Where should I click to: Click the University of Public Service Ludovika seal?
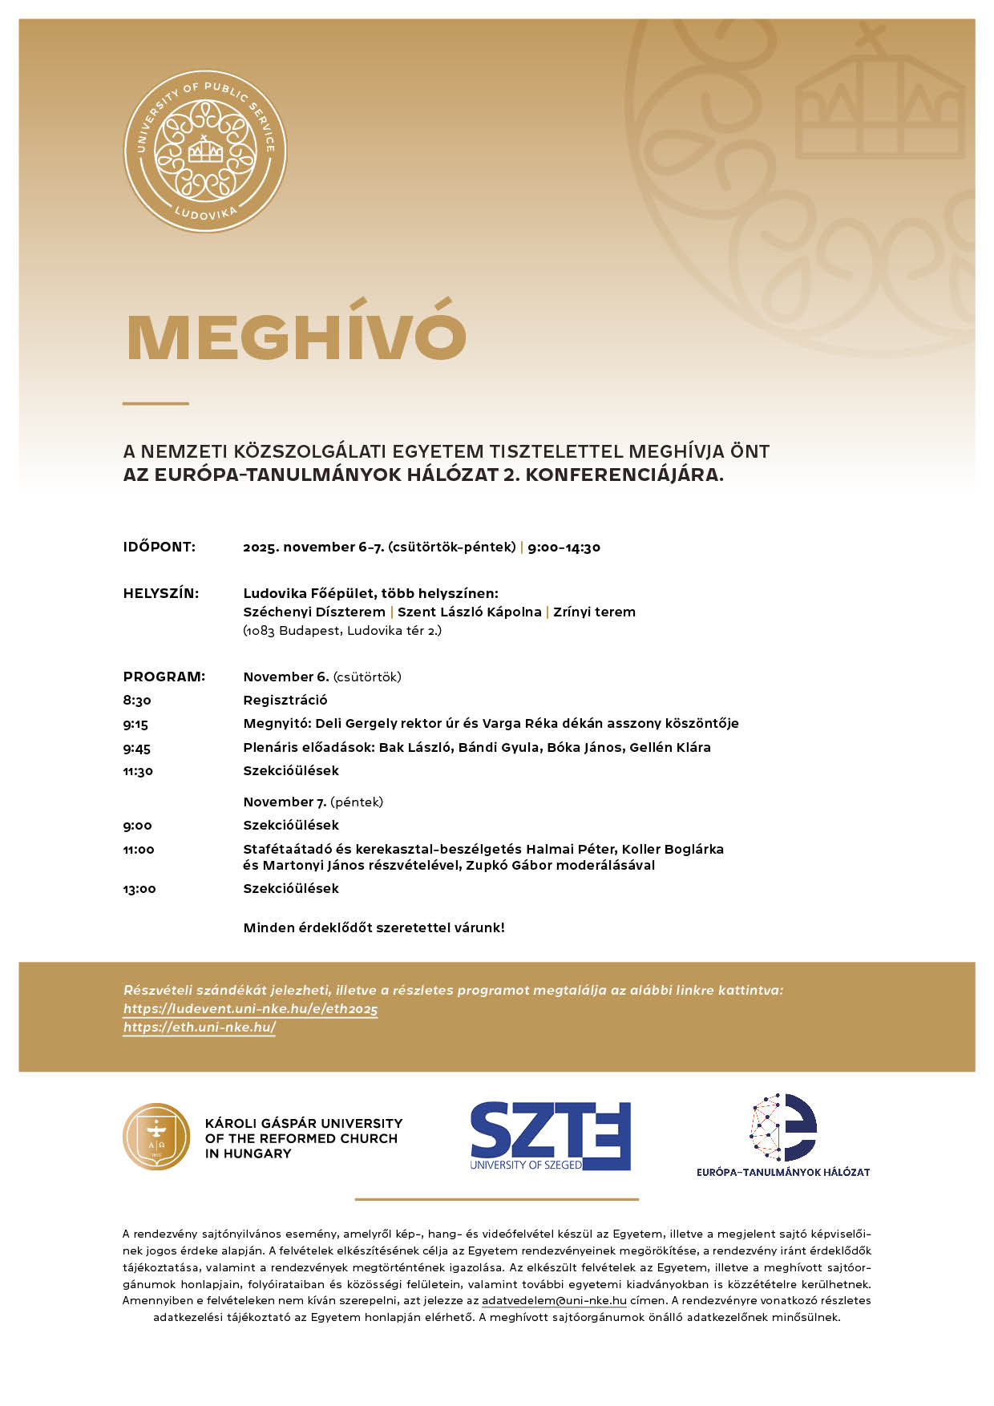[205, 152]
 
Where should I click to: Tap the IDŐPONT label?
[159, 547]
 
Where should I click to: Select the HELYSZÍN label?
[160, 594]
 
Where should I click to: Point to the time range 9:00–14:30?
[564, 547]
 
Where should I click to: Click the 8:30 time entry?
[137, 701]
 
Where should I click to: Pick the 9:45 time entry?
[137, 748]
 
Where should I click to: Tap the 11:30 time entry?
[138, 771]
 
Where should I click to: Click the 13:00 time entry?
[139, 889]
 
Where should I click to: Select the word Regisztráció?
[285, 701]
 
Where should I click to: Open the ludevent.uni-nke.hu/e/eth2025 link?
[250, 1009]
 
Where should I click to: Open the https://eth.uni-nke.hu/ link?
[200, 1028]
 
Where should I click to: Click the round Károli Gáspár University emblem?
[156, 1137]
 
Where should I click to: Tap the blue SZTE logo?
[550, 1135]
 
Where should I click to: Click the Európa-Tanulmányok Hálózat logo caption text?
[782, 1172]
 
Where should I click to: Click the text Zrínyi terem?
[594, 612]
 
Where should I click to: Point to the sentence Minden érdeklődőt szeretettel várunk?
[374, 928]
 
